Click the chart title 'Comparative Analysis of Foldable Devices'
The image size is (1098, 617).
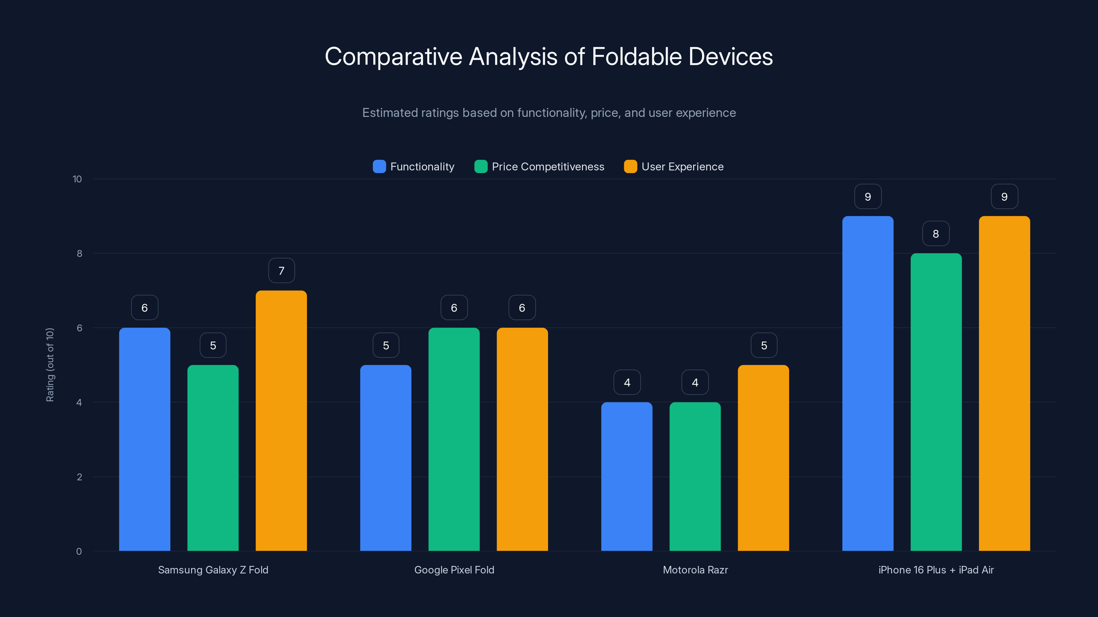549,57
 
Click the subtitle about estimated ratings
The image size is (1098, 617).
549,113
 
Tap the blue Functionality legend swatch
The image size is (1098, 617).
379,167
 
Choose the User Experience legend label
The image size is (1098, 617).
682,167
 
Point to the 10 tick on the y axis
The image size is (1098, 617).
77,179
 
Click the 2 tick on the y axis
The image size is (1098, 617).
79,477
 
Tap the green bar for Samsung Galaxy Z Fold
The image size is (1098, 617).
213,458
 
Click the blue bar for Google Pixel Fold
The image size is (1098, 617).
385,458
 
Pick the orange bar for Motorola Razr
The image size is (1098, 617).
763,458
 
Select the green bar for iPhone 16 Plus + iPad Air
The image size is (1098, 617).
936,402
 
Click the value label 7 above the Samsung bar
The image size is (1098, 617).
281,271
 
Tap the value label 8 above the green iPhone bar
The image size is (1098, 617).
936,234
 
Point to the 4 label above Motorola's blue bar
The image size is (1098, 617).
627,383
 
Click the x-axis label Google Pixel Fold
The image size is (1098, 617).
454,570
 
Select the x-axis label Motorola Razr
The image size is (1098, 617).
695,570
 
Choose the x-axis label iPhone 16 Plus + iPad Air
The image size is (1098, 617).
936,570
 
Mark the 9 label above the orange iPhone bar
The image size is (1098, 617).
1004,197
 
